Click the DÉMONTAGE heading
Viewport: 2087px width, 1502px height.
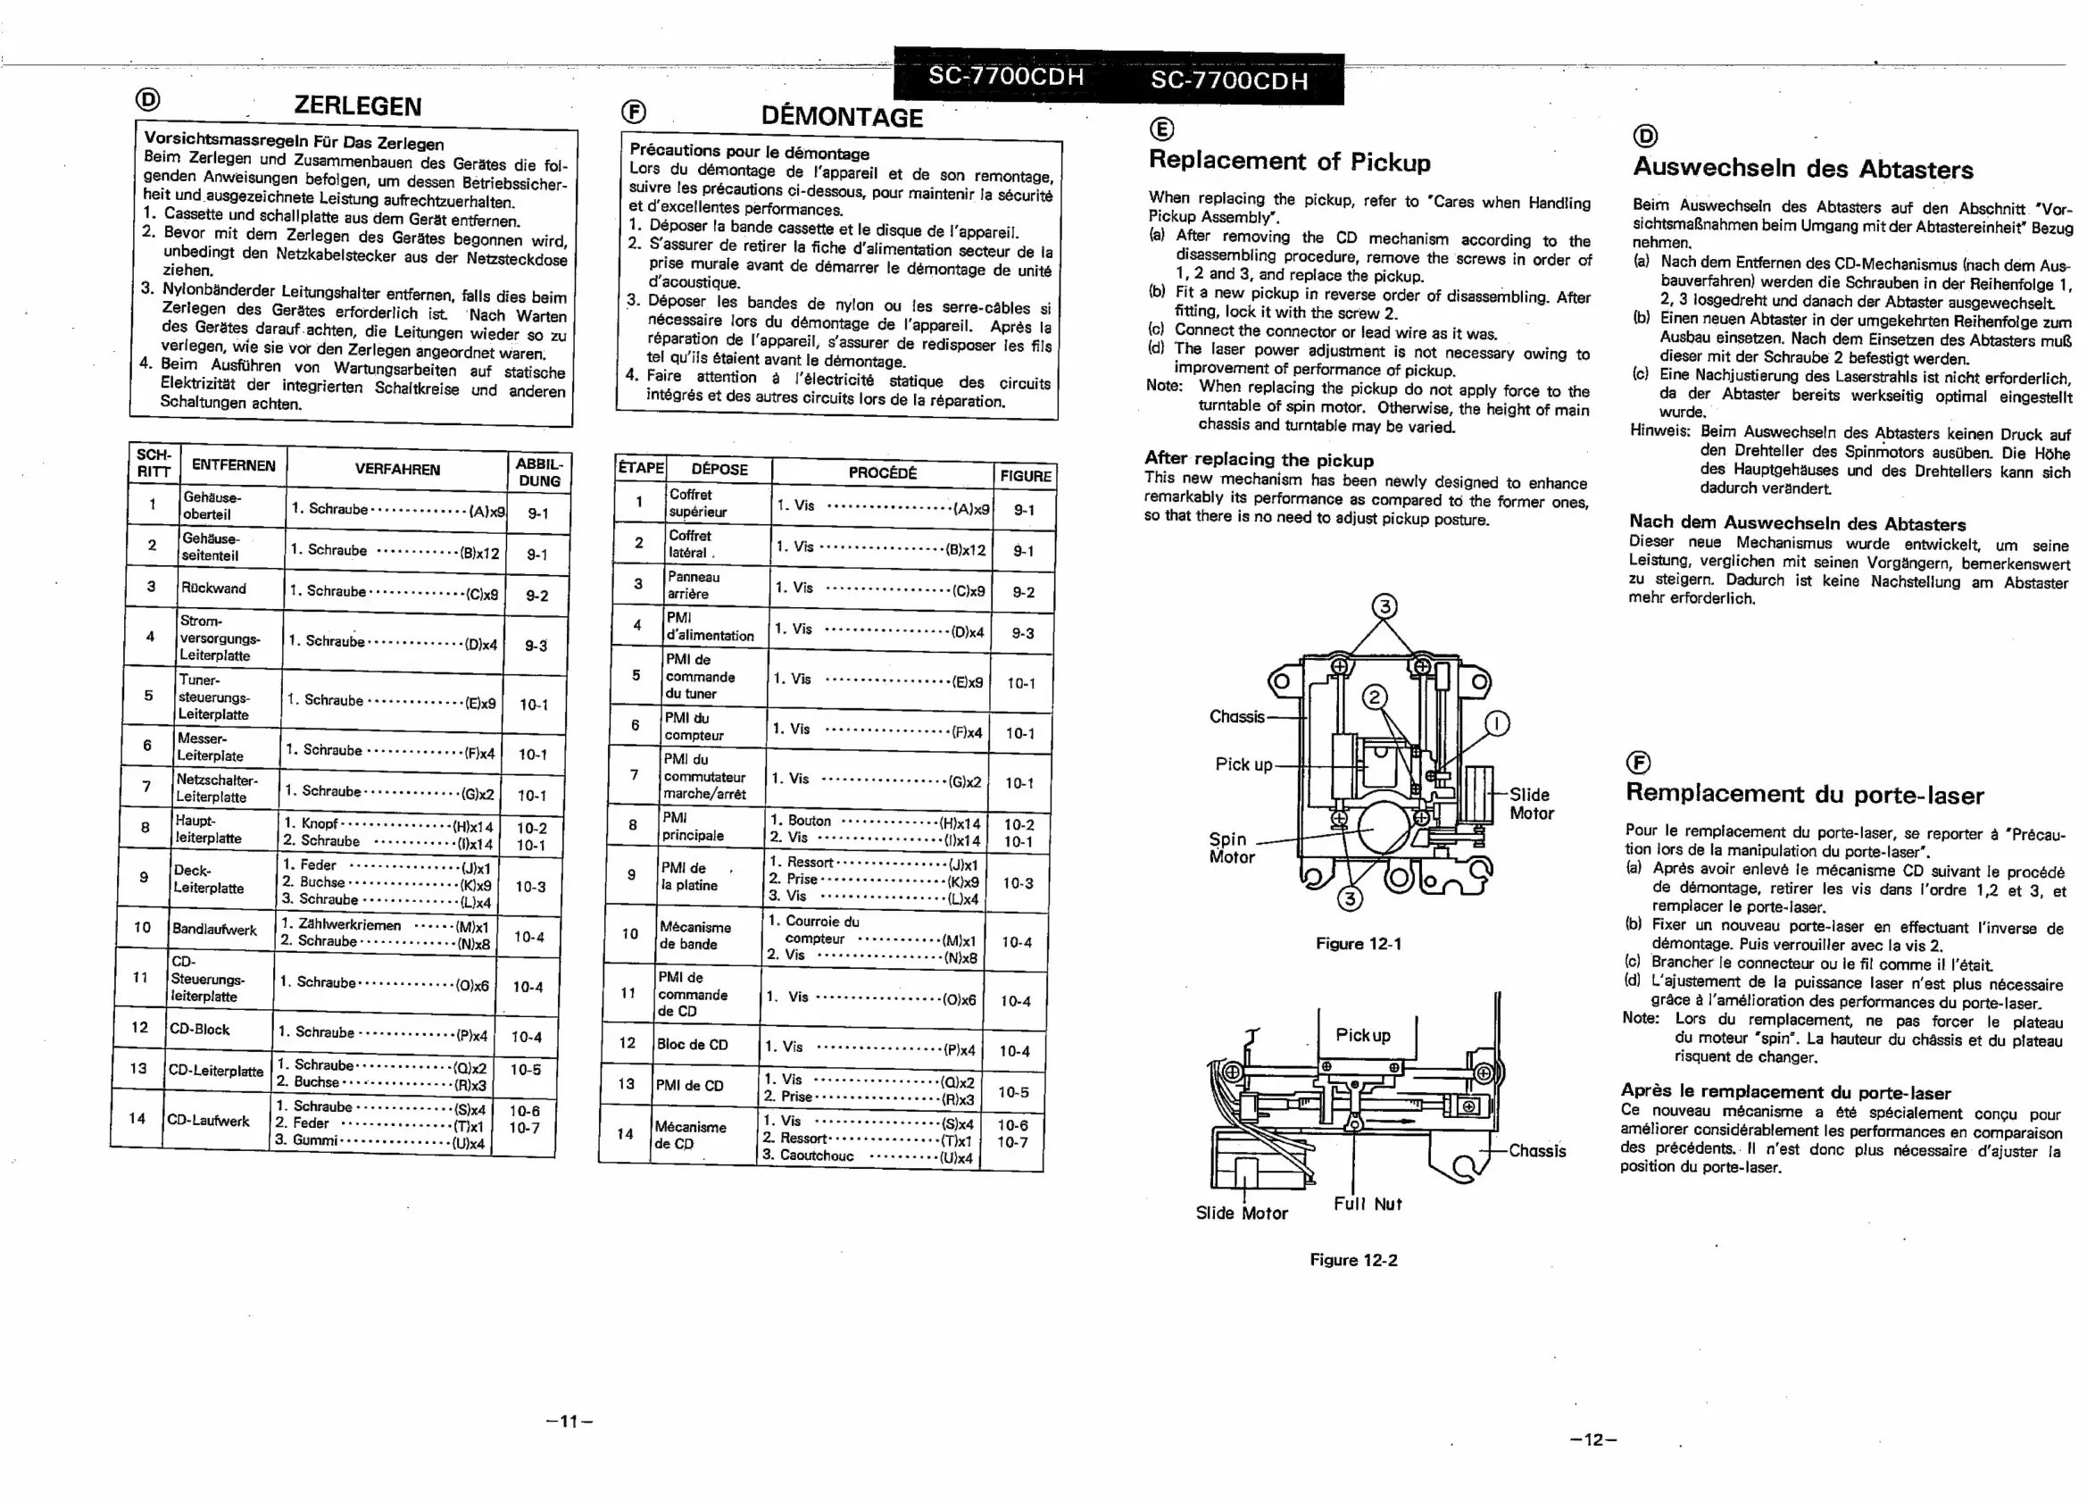point(841,117)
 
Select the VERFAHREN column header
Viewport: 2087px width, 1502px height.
point(396,470)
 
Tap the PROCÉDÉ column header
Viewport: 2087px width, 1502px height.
point(882,473)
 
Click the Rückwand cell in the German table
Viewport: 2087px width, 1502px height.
point(213,588)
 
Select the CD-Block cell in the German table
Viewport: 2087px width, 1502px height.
point(199,1029)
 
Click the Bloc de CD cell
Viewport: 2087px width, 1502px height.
point(691,1045)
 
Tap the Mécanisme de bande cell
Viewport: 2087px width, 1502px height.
point(694,935)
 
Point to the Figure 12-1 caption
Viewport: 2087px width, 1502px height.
point(1359,943)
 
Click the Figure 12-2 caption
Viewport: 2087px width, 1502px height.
point(1352,1260)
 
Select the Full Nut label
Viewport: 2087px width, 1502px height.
point(1368,1204)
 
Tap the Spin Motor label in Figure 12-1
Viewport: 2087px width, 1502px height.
point(1231,847)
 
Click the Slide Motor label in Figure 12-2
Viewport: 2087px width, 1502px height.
point(1242,1213)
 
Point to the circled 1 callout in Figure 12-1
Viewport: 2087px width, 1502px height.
point(1497,724)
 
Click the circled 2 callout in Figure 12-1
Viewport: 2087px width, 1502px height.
point(1374,697)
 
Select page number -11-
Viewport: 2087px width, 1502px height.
point(570,1421)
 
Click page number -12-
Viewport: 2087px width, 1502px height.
point(1592,1439)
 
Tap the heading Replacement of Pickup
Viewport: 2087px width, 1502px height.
point(1289,161)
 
